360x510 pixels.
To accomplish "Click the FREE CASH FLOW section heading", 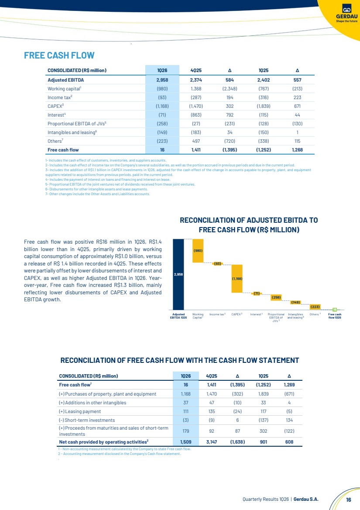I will pyautogui.click(x=59, y=55).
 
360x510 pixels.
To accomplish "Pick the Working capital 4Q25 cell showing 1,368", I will pyautogui.click(x=196, y=89).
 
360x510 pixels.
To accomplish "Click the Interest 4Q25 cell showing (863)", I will pyautogui.click(x=196, y=114).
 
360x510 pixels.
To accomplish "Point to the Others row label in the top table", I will pyautogui.click(x=55, y=141).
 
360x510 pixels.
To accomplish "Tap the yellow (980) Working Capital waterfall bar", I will pyautogui.click(x=198, y=251).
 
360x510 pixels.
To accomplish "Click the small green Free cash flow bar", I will pyautogui.click(x=334, y=310).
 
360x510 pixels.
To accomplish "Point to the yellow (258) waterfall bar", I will pyautogui.click(x=276, y=297).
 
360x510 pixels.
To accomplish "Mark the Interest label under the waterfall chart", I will pyautogui.click(x=256, y=314).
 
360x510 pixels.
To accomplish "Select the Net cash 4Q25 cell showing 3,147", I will pyautogui.click(x=212, y=442).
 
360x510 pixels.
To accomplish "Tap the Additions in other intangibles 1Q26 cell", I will pyautogui.click(x=185, y=403).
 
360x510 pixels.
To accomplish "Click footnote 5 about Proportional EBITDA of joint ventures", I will pyautogui.click(x=120, y=185).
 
